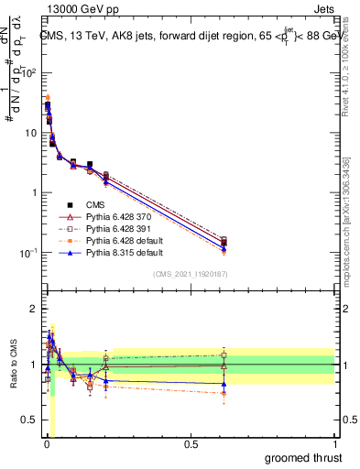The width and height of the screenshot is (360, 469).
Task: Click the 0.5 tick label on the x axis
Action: [x=191, y=444]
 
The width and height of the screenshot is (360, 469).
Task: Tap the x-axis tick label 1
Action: [x=335, y=444]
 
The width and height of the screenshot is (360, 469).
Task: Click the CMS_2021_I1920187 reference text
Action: [x=191, y=275]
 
